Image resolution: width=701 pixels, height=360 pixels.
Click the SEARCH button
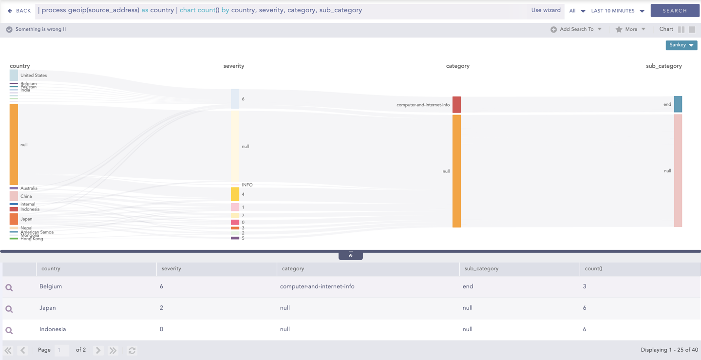tap(675, 10)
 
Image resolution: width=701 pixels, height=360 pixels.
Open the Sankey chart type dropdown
tap(681, 45)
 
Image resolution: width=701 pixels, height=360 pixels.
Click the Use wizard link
tap(546, 10)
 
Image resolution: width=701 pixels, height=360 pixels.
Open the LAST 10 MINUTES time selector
tap(617, 11)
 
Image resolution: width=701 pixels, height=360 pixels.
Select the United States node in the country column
tap(14, 75)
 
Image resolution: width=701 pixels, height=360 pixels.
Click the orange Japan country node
tap(14, 219)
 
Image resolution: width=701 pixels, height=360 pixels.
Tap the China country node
tap(14, 196)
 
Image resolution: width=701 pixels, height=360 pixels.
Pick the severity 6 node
tap(235, 99)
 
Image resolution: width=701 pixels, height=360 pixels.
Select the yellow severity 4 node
tap(235, 194)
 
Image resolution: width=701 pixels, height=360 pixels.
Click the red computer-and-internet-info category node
tap(456, 105)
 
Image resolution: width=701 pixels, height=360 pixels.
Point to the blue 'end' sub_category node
tap(678, 104)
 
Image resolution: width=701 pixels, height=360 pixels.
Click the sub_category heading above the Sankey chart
tap(663, 66)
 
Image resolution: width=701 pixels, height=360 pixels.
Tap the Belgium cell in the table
tap(51, 286)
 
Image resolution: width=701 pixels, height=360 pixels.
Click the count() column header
tap(593, 268)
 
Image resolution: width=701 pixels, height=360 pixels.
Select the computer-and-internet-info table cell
tap(317, 286)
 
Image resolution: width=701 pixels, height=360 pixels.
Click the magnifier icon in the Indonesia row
tap(9, 330)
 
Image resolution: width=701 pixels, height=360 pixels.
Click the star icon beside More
tap(619, 29)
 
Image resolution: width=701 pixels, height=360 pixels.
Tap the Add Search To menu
tap(577, 29)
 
